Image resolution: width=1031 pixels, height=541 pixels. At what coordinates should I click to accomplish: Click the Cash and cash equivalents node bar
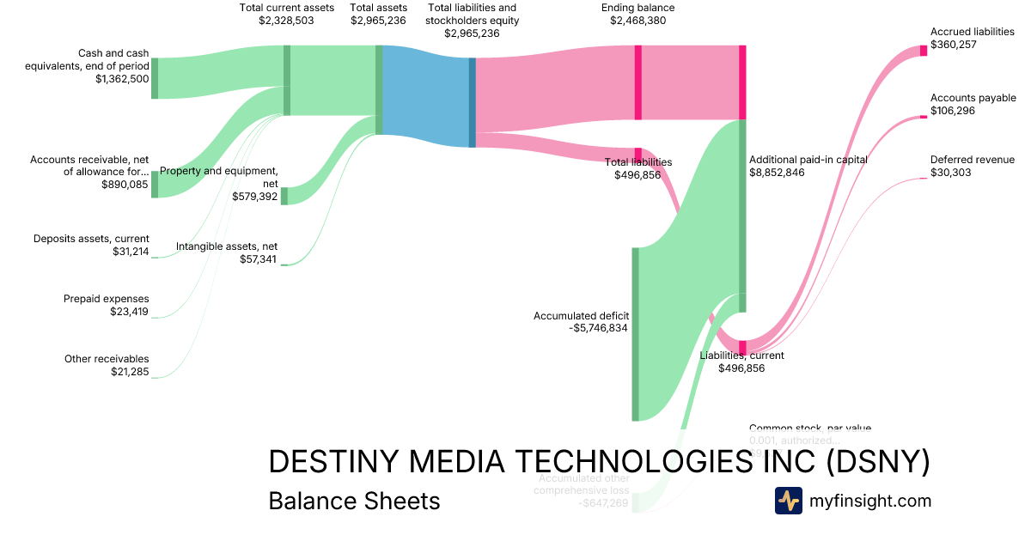click(155, 78)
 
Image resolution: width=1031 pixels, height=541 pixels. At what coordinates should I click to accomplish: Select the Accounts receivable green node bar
click(155, 185)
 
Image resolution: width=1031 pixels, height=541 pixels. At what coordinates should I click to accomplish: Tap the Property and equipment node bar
click(284, 196)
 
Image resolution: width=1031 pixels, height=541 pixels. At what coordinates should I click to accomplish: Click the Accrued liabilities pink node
click(924, 50)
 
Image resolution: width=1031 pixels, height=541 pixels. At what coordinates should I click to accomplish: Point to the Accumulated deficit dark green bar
click(636, 334)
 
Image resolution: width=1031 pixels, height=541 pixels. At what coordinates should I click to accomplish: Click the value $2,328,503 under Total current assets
click(286, 20)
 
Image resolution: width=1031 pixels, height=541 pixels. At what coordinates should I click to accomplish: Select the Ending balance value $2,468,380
click(638, 20)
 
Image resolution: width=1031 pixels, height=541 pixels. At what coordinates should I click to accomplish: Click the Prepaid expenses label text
click(106, 299)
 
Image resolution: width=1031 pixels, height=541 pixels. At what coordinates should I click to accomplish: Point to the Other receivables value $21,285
click(130, 371)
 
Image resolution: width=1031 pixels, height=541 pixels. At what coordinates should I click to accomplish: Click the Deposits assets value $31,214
click(131, 252)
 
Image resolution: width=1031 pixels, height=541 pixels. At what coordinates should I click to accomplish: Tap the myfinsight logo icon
click(788, 501)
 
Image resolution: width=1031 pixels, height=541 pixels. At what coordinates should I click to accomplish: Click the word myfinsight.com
click(870, 501)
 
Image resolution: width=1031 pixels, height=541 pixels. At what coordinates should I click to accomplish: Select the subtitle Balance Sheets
click(354, 501)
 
